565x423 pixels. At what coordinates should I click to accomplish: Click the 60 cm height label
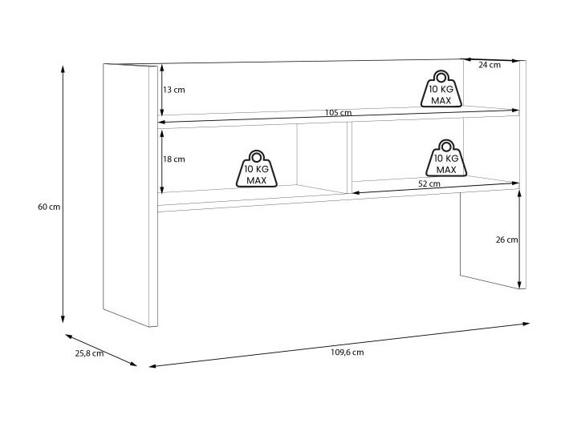point(49,207)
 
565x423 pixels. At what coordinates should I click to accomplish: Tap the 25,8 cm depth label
point(89,353)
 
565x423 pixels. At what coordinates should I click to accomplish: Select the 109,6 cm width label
point(348,352)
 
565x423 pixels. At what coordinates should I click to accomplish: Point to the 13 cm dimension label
point(174,90)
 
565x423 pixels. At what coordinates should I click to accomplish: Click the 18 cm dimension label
point(174,159)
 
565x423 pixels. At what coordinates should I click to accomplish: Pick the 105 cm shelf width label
point(339,113)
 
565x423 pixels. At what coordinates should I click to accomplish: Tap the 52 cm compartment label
point(429,183)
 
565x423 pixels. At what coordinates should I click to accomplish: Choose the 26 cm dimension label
point(506,240)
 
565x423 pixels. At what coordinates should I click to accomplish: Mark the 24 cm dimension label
point(490,65)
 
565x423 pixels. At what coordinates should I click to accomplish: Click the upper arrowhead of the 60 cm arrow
point(63,69)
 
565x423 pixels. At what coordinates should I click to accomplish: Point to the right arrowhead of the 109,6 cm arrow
point(526,324)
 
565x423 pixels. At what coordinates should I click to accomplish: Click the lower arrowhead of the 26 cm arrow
point(519,285)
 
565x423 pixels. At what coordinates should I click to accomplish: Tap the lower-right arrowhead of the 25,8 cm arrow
point(134,364)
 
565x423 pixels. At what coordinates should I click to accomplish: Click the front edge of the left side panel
point(153,196)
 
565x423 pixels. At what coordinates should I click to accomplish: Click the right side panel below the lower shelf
point(493,240)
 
